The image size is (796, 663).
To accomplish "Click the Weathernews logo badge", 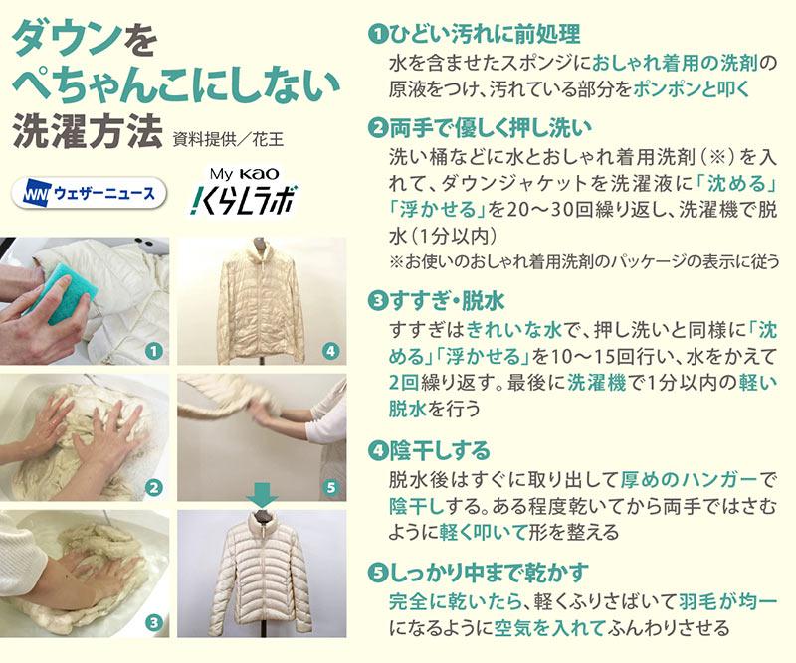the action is (x=89, y=193).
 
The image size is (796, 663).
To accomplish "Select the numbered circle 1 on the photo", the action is (x=154, y=351).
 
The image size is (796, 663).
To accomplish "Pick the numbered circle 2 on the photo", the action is (x=154, y=488).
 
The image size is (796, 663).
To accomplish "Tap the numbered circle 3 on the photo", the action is (x=154, y=623).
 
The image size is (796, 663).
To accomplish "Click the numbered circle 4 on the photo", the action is (x=331, y=351).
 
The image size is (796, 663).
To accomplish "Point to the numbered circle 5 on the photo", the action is (x=331, y=488).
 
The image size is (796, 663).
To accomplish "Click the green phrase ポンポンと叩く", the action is (x=691, y=89).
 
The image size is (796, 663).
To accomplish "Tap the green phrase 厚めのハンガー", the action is (x=689, y=479).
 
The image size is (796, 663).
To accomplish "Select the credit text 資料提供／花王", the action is (x=228, y=139).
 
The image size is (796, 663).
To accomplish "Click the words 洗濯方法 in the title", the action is (x=88, y=131).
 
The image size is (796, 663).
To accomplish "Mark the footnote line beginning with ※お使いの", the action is (x=584, y=261).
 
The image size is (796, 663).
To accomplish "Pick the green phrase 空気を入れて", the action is (x=550, y=628).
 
